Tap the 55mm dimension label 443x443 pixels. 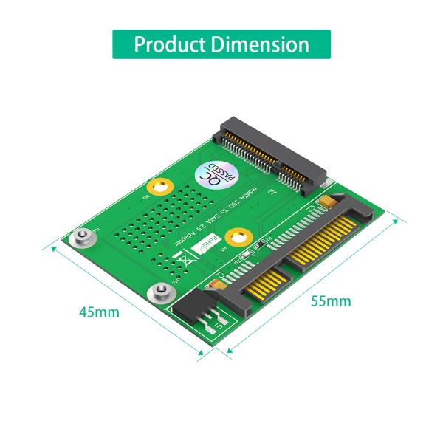[331, 301]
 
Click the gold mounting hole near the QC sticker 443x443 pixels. [160, 187]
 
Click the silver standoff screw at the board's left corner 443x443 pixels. [82, 238]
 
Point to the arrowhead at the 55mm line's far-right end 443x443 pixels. [405, 221]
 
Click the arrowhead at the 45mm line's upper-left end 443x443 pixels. [52, 246]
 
